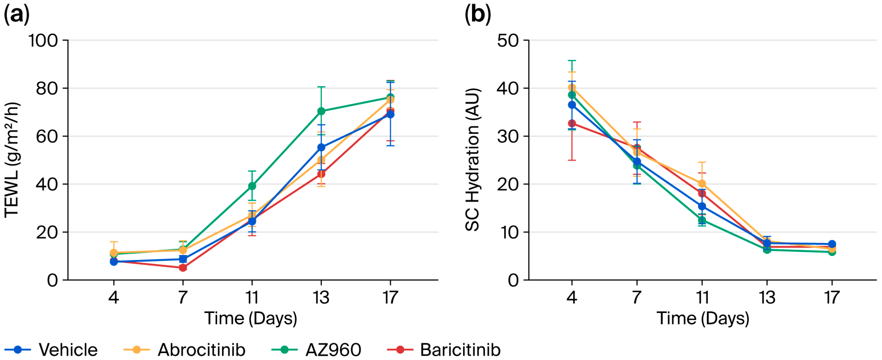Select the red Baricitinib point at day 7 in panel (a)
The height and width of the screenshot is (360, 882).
click(x=183, y=268)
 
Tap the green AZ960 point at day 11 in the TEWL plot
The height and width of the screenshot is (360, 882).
click(x=252, y=186)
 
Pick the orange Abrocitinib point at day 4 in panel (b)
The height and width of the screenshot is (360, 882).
click(x=572, y=87)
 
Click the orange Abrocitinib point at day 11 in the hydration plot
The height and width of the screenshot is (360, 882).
click(x=702, y=183)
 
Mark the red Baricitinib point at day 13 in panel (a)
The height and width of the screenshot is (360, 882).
click(x=321, y=174)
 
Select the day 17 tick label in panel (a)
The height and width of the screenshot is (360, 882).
click(x=390, y=297)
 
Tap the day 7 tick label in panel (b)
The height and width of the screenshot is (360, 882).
click(x=637, y=297)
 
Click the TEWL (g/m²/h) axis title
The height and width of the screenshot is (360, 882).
click(x=12, y=160)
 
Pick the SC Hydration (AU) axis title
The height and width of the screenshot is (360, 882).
click(x=473, y=160)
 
